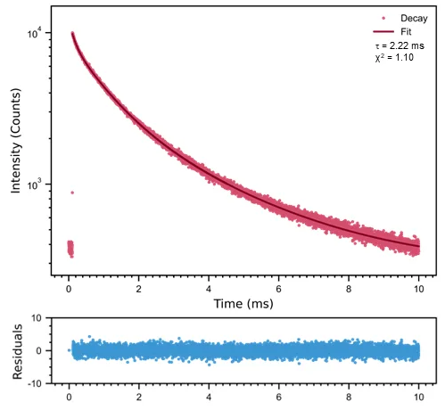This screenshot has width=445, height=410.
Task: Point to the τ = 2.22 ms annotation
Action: [x=400, y=45]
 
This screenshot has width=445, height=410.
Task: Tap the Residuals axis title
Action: [x=15, y=349]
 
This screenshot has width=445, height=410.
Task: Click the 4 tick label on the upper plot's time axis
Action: [x=209, y=289]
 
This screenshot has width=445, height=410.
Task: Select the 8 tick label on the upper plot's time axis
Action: [x=349, y=289]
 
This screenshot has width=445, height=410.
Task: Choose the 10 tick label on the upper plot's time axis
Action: [x=418, y=289]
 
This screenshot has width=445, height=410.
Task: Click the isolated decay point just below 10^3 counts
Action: [x=72, y=193]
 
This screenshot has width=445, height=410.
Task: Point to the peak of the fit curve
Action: [x=72, y=34]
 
